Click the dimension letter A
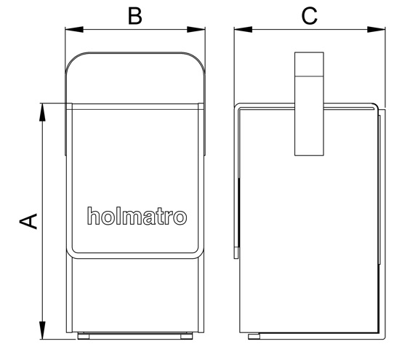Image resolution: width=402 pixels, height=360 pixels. tap(28, 221)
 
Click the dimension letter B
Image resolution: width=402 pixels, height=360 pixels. tap(135, 16)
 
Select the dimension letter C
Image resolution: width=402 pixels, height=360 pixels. tap(310, 16)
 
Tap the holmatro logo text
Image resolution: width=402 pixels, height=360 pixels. tap(137, 216)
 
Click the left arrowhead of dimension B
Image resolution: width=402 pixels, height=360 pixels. tap(74, 29)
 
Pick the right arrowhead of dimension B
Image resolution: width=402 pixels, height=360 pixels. tap(196, 29)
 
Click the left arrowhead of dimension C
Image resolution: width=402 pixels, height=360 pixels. tap(243, 29)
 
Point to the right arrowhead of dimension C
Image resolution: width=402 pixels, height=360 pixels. tap(376, 29)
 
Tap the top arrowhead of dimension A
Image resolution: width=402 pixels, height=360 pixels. tap(42, 112)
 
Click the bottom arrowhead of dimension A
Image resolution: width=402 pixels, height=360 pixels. tap(42, 330)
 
